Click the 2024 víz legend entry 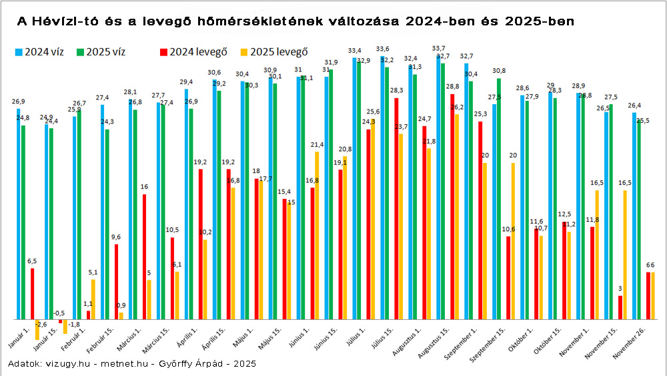click(39, 52)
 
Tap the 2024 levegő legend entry click(193, 52)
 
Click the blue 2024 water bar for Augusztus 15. click(438, 187)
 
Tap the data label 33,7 click(439, 49)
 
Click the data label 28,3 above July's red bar click(396, 91)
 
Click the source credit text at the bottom click(131, 363)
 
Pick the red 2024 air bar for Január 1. click(32, 294)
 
